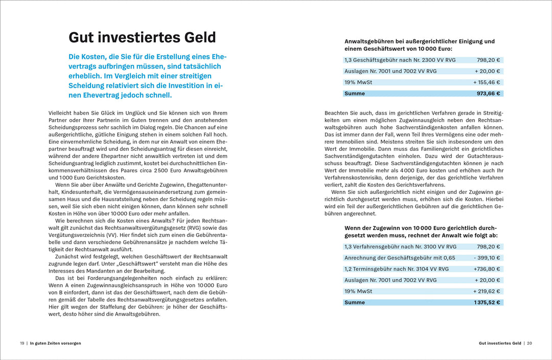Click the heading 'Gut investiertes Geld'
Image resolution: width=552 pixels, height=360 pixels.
pyautogui.click(x=142, y=37)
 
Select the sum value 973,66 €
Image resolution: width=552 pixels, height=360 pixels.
pyautogui.click(x=489, y=94)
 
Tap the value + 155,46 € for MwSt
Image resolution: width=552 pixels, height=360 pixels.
pyautogui.click(x=487, y=82)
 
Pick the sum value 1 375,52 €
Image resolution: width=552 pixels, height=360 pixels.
pyautogui.click(x=487, y=302)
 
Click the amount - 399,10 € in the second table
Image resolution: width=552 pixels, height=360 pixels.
pyautogui.click(x=487, y=258)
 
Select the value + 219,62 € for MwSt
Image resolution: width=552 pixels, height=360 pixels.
pyautogui.click(x=487, y=291)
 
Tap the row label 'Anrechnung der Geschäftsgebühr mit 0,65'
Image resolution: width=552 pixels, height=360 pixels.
pyautogui.click(x=393, y=258)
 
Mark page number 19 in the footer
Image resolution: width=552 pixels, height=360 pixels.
pyautogui.click(x=22, y=343)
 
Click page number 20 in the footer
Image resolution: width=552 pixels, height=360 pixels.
pyautogui.click(x=530, y=343)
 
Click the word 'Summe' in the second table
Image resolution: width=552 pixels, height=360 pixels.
pyautogui.click(x=355, y=302)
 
